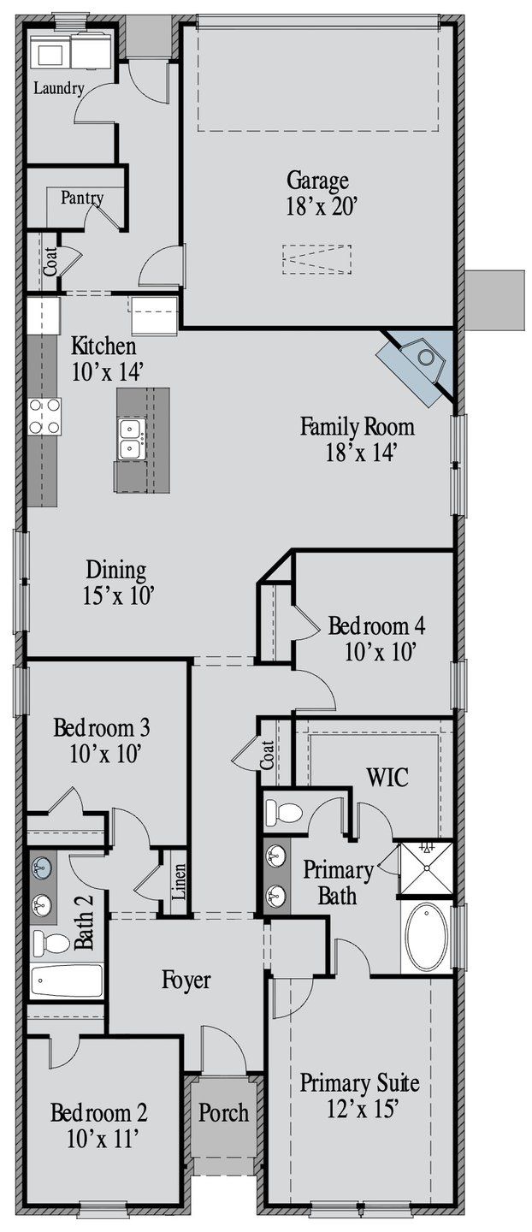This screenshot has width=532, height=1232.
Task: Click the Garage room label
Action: click(317, 181)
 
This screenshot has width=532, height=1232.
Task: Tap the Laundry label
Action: click(59, 88)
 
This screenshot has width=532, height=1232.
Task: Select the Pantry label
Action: click(82, 198)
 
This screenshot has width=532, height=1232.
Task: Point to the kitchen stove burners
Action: click(45, 417)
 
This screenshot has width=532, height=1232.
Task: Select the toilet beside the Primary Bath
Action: click(284, 812)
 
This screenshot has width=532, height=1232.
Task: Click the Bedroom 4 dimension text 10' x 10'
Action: click(380, 652)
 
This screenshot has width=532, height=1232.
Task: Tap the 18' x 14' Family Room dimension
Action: click(361, 453)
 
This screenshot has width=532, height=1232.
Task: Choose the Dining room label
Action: click(116, 571)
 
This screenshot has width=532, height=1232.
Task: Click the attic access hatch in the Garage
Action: click(317, 259)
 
